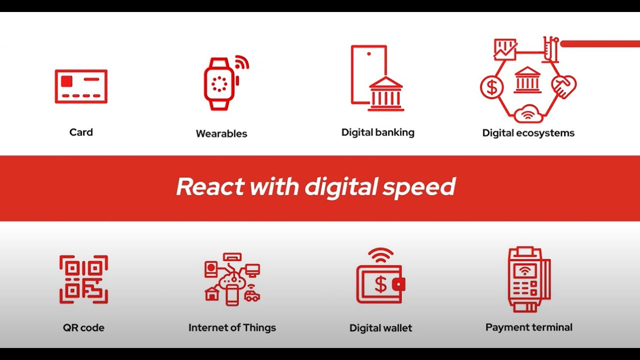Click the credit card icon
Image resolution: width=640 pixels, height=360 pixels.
81,86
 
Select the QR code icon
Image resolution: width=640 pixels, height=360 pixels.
83,279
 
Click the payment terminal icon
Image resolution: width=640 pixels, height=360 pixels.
528,279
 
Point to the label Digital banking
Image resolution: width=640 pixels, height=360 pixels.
377,132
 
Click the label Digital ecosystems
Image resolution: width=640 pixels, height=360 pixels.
528,133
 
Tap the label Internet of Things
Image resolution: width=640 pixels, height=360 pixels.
232,328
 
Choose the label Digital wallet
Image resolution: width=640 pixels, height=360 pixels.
380,328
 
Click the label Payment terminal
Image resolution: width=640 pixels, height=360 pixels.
528,327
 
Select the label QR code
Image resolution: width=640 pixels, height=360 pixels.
83,328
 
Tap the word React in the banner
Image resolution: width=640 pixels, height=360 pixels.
210,187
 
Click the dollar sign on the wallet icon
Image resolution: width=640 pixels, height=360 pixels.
380,284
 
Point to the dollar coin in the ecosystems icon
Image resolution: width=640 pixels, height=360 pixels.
492,87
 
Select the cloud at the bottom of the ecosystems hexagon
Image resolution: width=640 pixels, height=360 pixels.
528,113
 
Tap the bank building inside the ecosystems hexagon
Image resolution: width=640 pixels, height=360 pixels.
527,80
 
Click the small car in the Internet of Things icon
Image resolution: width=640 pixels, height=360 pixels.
252,296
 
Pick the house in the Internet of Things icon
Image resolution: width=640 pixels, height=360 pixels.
212,294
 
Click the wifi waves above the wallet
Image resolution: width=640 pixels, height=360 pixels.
380,254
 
